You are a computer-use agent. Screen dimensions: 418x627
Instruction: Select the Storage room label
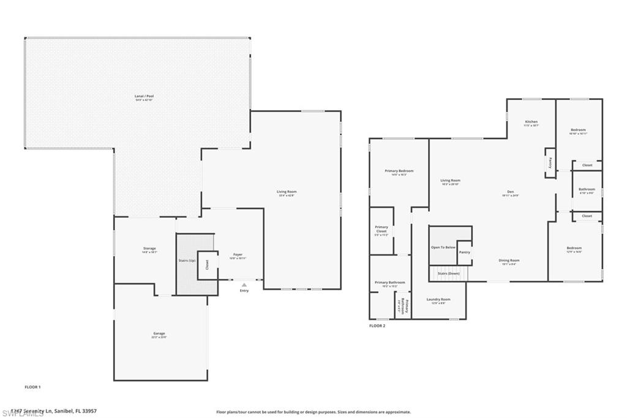(x=149, y=248)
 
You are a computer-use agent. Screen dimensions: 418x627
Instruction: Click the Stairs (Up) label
(x=187, y=261)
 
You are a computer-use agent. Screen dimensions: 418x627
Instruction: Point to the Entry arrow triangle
(x=244, y=285)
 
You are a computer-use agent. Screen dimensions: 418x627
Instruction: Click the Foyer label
(x=238, y=254)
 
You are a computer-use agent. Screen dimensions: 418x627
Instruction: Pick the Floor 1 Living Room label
(x=287, y=192)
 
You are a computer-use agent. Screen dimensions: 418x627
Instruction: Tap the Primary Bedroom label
(x=399, y=170)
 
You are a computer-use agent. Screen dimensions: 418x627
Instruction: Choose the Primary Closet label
(x=381, y=229)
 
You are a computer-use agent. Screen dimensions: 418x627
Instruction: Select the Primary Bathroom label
(x=386, y=282)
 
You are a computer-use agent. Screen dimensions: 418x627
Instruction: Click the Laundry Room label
(x=438, y=299)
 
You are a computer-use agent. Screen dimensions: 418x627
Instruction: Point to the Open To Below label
(x=443, y=247)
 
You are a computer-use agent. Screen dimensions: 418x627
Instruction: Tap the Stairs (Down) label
(x=449, y=273)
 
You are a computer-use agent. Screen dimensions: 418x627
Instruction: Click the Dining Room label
(x=509, y=260)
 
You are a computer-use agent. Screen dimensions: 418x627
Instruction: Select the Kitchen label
(x=531, y=122)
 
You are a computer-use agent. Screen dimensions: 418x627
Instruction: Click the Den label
(x=510, y=192)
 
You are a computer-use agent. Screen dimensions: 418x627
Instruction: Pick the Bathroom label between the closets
(x=587, y=189)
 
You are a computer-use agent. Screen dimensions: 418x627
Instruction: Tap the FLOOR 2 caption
(x=377, y=326)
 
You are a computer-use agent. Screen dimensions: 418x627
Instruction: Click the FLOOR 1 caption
(x=32, y=387)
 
